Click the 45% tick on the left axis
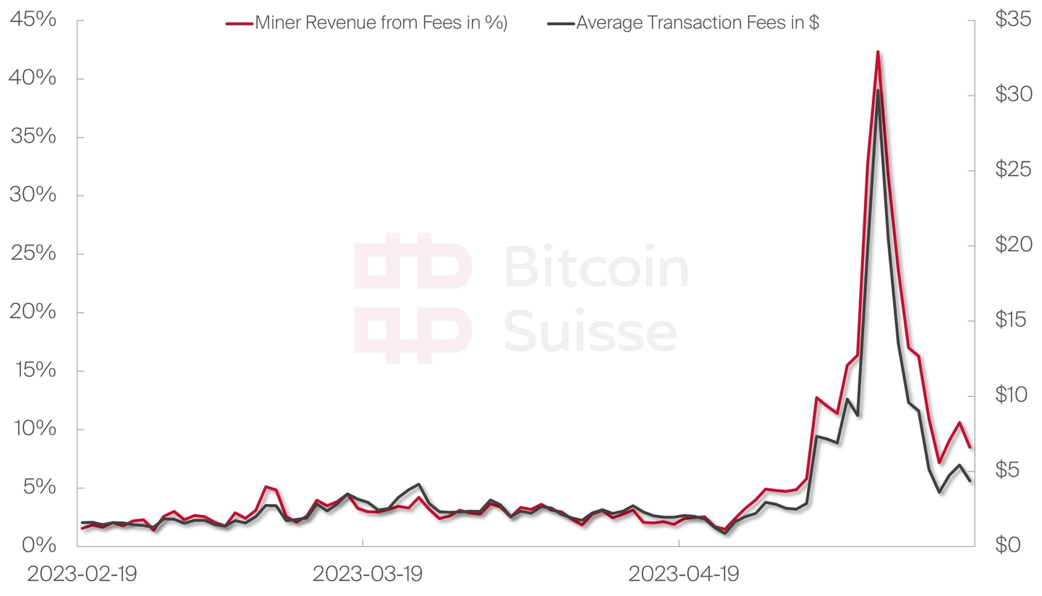tap(33, 20)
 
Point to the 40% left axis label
tap(33, 77)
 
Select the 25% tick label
tap(33, 253)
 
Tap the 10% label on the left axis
tap(33, 428)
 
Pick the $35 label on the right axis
tap(1013, 20)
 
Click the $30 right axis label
tap(1013, 95)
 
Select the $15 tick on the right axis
tap(1013, 319)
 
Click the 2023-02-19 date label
tap(82, 574)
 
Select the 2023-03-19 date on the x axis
tap(368, 574)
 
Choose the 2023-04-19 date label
tap(683, 574)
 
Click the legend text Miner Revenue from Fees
tap(381, 23)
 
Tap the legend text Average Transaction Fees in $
tap(698, 23)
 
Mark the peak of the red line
tap(878, 52)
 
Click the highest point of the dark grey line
tap(878, 91)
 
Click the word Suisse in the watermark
tap(590, 332)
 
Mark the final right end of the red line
tap(970, 448)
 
